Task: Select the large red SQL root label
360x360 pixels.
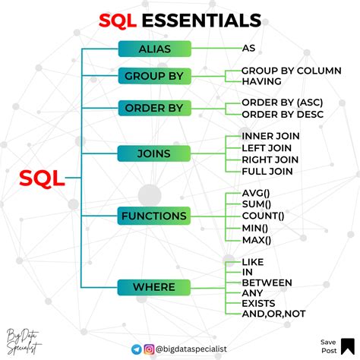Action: (x=42, y=179)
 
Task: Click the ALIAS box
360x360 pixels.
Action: (x=154, y=49)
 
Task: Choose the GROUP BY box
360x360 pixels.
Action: (x=154, y=77)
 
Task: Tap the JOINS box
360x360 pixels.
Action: (x=154, y=153)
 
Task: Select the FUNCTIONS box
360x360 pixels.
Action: (x=154, y=216)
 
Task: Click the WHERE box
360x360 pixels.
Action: (x=154, y=287)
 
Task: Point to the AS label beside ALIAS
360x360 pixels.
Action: (x=248, y=49)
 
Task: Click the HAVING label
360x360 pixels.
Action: (x=262, y=81)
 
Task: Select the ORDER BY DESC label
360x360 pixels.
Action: (x=283, y=114)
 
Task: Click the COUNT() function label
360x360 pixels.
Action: (x=263, y=216)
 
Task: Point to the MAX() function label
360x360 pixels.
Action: (x=256, y=240)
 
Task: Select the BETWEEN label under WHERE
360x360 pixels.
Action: (x=267, y=283)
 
